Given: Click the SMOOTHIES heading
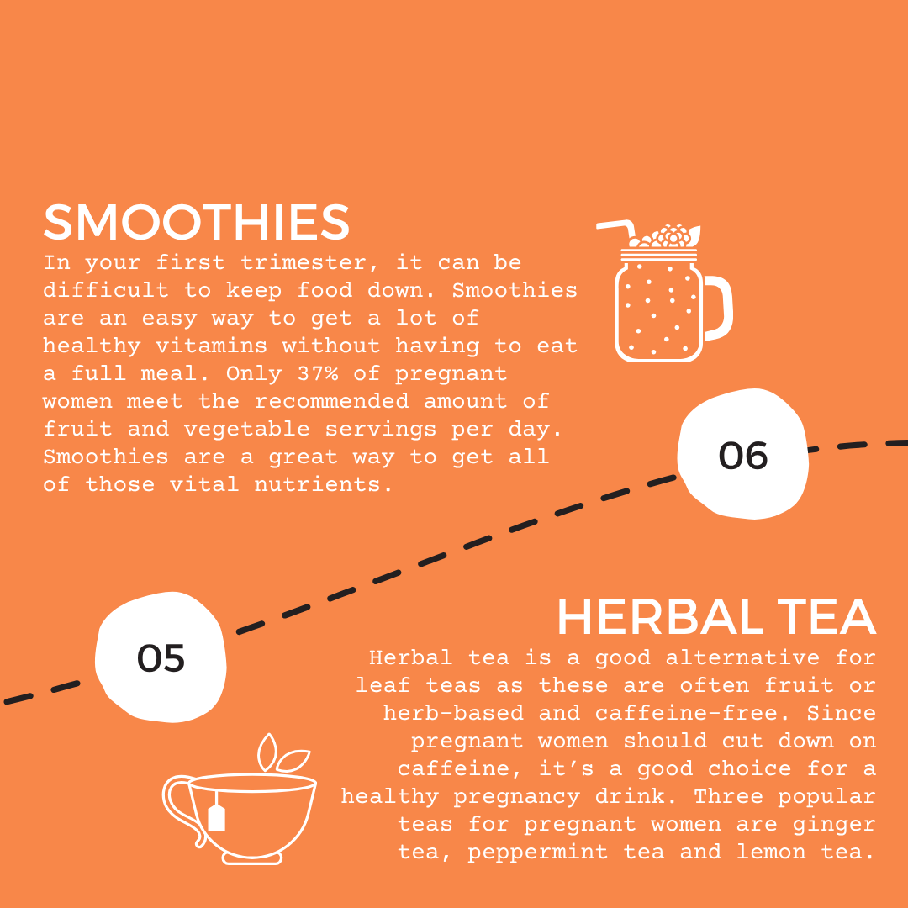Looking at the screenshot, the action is pyautogui.click(x=196, y=222).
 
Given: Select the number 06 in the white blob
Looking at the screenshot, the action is pyautogui.click(x=743, y=456).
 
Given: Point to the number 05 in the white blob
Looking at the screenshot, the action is pyautogui.click(x=161, y=658).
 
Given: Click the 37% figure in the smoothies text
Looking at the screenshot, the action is pyautogui.click(x=318, y=373).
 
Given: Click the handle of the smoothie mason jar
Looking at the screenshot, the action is pyautogui.click(x=718, y=308).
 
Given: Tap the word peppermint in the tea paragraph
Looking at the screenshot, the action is pyautogui.click(x=538, y=853).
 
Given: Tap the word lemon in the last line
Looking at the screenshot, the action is pyautogui.click(x=771, y=852).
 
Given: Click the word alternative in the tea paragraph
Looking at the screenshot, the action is pyautogui.click(x=742, y=657).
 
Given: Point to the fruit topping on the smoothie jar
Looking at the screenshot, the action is pyautogui.click(x=665, y=236).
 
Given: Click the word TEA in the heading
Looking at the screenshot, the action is pyautogui.click(x=826, y=617).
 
